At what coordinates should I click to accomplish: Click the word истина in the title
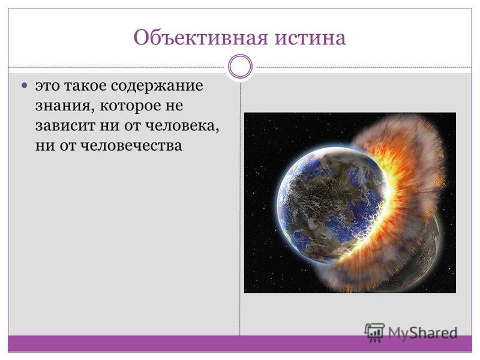(x=310, y=38)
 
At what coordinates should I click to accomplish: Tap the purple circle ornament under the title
(x=241, y=67)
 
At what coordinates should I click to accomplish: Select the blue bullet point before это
(x=25, y=85)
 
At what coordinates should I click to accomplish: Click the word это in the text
(x=47, y=86)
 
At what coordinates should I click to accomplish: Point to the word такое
(x=85, y=86)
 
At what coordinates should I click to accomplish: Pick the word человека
(x=182, y=127)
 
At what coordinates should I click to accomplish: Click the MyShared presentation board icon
(x=374, y=332)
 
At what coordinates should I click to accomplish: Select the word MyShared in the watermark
(x=423, y=333)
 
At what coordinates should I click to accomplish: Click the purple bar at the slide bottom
(x=240, y=343)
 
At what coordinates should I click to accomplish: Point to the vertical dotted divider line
(x=240, y=208)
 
